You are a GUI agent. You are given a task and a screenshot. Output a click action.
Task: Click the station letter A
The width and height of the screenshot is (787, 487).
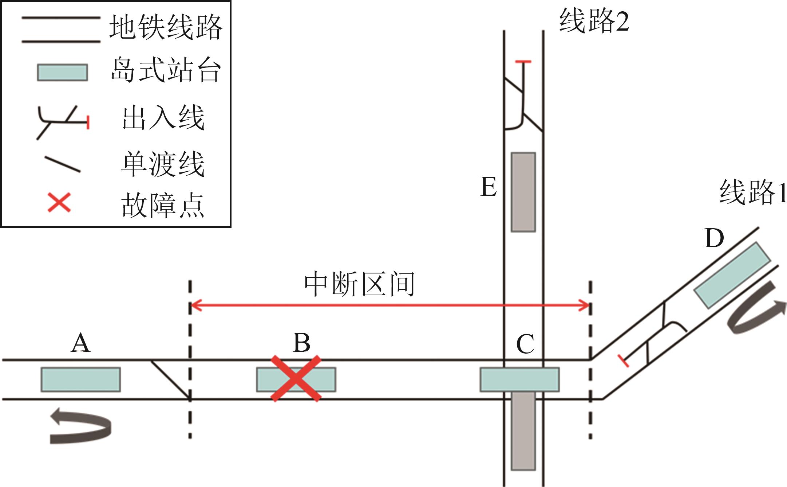[x=80, y=343]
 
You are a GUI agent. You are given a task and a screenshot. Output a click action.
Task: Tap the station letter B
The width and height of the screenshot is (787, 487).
[x=301, y=343]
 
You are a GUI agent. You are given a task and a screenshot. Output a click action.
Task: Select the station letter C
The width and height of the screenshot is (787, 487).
[x=525, y=344]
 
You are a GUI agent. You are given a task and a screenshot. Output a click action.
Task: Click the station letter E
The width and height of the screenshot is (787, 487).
[x=489, y=187]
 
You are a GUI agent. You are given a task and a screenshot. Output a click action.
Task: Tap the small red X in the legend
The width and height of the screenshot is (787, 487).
[x=59, y=203]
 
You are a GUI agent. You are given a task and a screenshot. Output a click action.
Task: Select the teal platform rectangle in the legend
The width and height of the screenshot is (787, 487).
[x=62, y=72]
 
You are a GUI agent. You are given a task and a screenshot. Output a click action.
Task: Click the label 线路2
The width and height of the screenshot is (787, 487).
[x=594, y=21]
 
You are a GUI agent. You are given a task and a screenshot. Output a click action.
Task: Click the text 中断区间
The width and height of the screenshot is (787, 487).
[x=360, y=284]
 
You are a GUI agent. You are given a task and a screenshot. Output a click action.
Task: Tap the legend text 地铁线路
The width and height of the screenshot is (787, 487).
[x=166, y=27]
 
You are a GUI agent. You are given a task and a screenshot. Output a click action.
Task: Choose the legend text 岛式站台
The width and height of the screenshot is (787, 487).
[x=166, y=70]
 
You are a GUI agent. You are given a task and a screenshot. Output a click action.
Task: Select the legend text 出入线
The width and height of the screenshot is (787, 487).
[x=163, y=117]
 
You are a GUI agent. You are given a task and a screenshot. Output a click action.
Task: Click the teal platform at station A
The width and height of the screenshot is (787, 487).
[x=80, y=379]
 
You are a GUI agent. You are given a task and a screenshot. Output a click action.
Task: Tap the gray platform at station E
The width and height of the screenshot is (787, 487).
[x=523, y=192]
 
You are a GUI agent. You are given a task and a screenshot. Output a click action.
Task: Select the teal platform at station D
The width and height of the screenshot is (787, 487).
[x=732, y=275]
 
